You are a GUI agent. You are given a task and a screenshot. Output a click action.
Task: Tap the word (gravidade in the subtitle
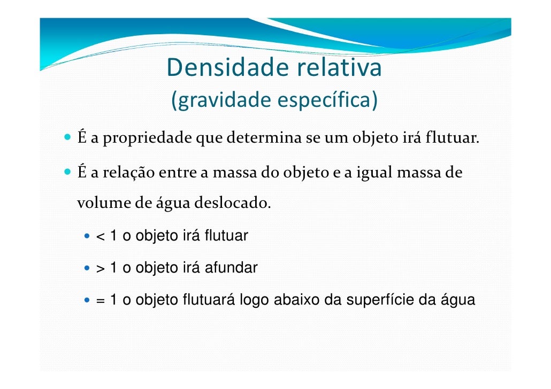pos(221,100)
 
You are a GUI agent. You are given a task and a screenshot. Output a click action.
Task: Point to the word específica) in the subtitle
pos(328,100)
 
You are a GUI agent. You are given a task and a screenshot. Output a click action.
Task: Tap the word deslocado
pos(230,204)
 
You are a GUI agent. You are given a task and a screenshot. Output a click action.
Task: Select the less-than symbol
pos(100,236)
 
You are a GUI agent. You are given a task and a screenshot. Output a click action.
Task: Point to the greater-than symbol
pos(100,268)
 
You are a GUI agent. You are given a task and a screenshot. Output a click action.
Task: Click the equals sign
pos(100,301)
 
